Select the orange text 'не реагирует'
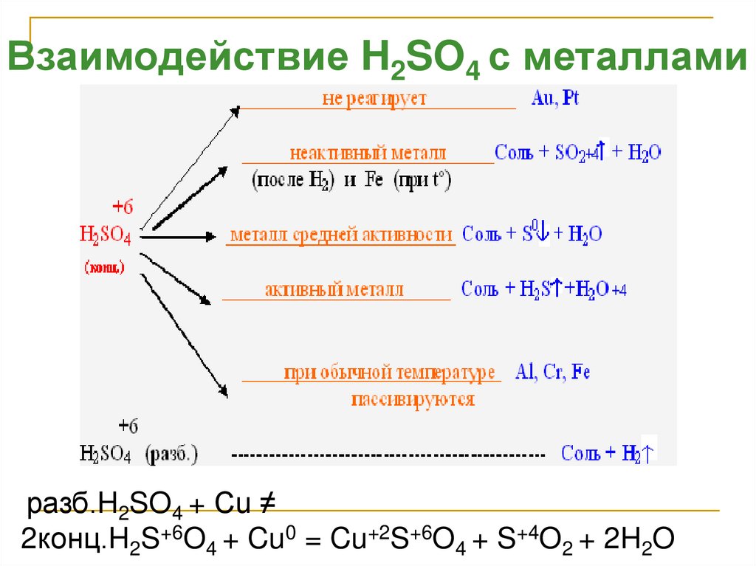tap(374, 99)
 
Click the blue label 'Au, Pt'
tap(554, 99)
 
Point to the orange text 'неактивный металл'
tap(368, 153)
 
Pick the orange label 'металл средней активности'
tap(341, 235)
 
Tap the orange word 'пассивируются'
tap(413, 400)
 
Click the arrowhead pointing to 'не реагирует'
tap(236, 111)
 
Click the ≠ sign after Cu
tap(267, 504)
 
